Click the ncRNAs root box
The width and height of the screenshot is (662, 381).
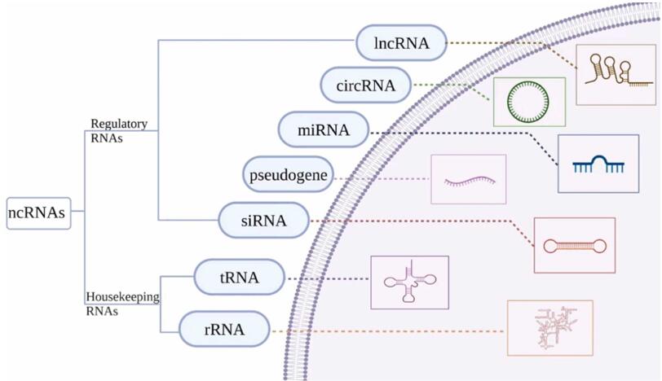[38, 213]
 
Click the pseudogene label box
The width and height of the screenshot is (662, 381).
[288, 175]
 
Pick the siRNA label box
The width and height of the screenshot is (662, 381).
[264, 220]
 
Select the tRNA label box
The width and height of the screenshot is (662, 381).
[240, 278]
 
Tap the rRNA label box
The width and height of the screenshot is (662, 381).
[224, 330]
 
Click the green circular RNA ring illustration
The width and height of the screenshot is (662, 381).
[528, 102]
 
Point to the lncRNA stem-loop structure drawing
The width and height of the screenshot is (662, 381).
[616, 73]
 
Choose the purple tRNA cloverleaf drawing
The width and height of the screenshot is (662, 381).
[409, 282]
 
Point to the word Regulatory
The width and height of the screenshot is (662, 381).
[118, 124]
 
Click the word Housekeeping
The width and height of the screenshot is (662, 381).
[122, 297]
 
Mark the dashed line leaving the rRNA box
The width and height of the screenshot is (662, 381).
[383, 331]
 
